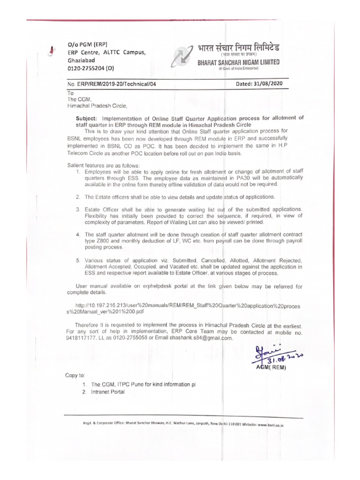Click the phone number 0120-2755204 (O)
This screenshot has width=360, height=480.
[x=91, y=68]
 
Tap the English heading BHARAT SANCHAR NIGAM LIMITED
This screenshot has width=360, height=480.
[x=238, y=62]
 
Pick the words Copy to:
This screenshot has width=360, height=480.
[x=75, y=375]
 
